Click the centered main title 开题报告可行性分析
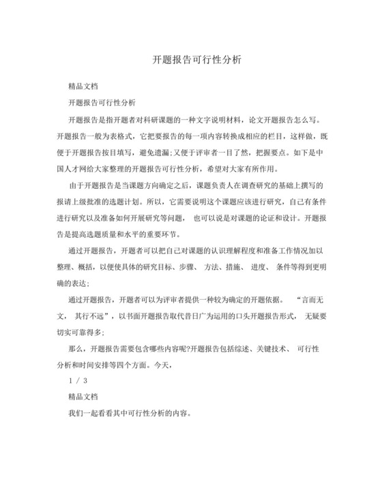click(x=191, y=59)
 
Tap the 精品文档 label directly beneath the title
click(x=83, y=87)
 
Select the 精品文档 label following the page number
click(x=83, y=396)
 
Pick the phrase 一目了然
click(x=237, y=152)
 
